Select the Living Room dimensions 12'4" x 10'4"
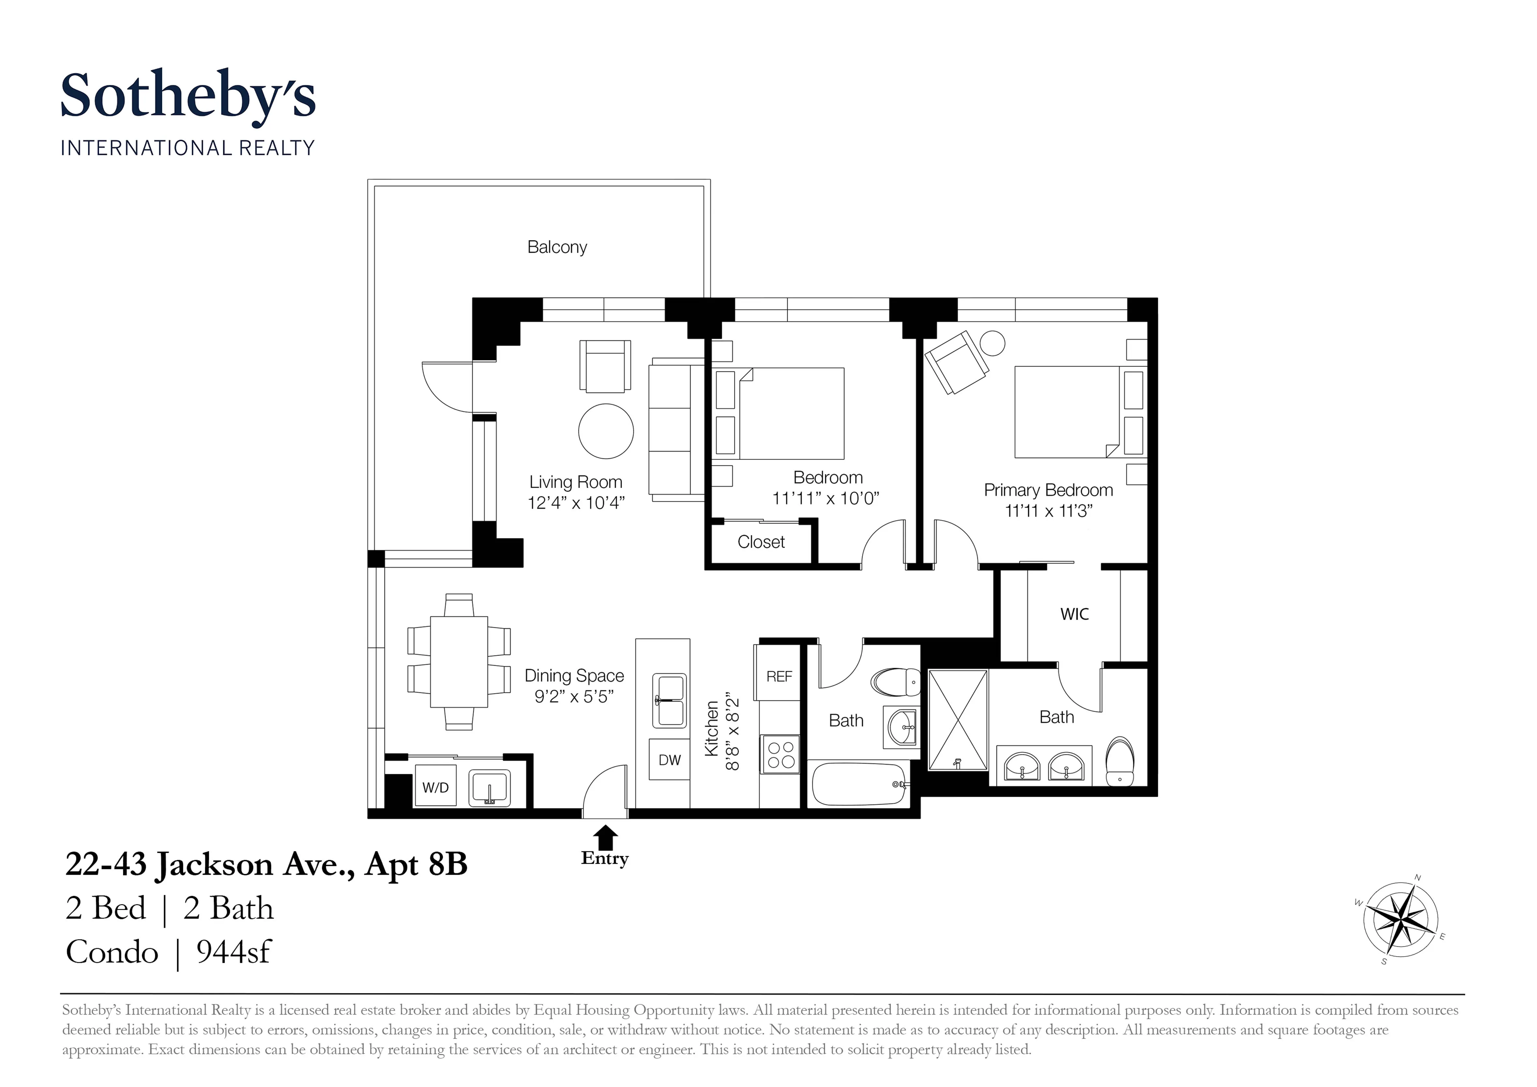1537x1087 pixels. coord(576,503)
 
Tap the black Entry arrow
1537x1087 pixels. coord(606,837)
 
